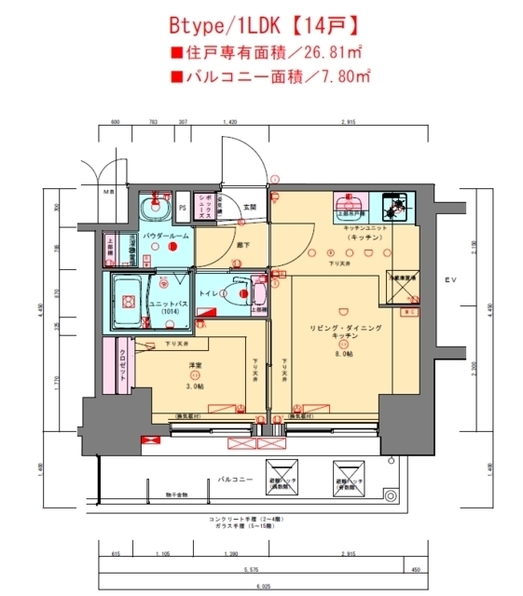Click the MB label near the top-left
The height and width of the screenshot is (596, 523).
coord(108,192)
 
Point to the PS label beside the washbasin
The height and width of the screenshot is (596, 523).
coord(183,208)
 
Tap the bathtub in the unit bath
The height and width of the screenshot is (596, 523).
coord(126,302)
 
